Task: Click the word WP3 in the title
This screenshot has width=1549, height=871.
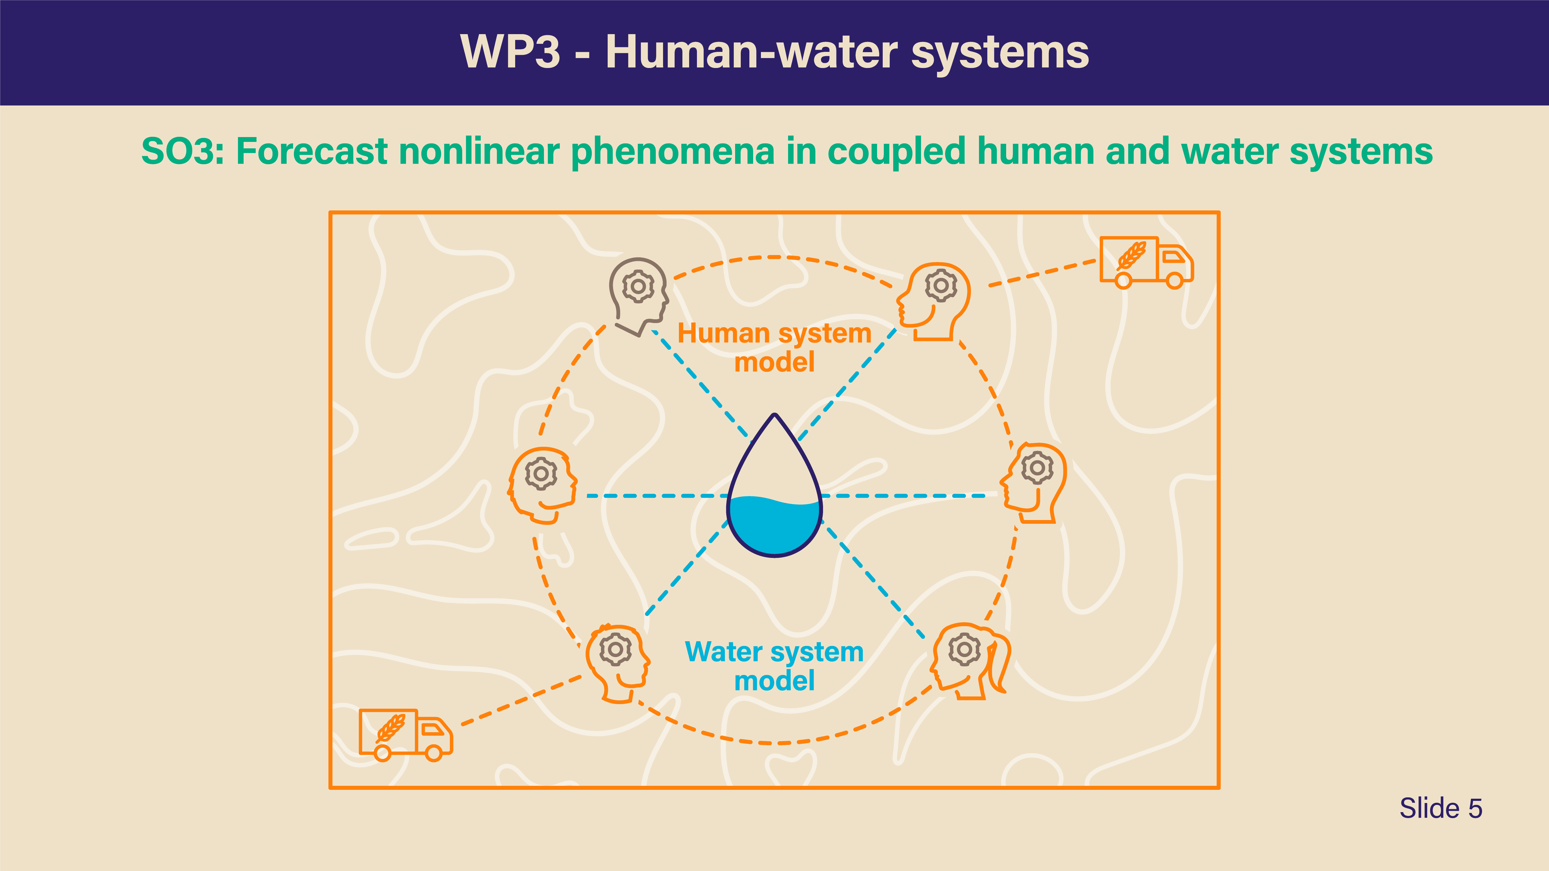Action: coord(510,52)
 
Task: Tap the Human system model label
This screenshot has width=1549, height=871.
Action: coord(774,347)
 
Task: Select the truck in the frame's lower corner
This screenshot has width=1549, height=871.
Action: coord(405,734)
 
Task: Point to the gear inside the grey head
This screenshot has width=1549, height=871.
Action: coord(638,285)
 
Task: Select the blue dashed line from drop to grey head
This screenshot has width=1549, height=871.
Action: coord(700,383)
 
